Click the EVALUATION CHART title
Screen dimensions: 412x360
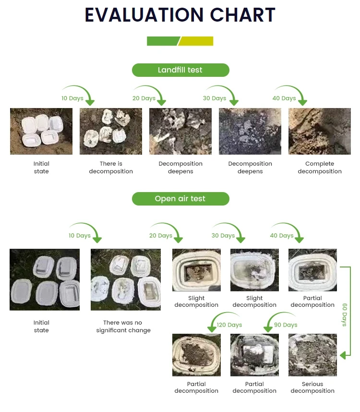(x=180, y=15)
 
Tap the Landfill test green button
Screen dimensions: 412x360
(x=180, y=70)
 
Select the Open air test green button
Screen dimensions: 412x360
(x=180, y=199)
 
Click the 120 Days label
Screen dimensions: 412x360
(x=229, y=325)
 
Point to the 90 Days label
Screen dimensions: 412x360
(x=286, y=325)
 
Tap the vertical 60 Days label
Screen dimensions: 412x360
(x=345, y=315)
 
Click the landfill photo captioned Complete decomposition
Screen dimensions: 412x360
(x=319, y=131)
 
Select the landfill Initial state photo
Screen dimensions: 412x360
(x=41, y=131)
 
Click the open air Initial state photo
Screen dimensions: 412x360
(x=45, y=279)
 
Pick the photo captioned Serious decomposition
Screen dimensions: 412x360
(x=312, y=355)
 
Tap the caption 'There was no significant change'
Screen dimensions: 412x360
(x=123, y=327)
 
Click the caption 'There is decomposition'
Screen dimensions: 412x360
(x=111, y=168)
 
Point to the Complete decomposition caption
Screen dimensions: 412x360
(x=320, y=168)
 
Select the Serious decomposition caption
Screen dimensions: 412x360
(x=312, y=388)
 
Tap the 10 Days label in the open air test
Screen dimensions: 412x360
(x=79, y=236)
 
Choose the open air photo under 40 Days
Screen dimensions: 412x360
(x=312, y=270)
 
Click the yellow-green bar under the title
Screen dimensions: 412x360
(x=196, y=41)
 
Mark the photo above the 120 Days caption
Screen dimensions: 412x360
(x=196, y=355)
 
